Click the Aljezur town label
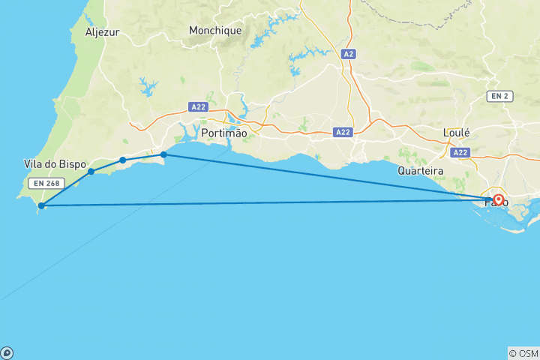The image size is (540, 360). click(x=103, y=32)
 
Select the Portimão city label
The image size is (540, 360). click(x=224, y=133)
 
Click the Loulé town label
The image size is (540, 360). click(x=457, y=133)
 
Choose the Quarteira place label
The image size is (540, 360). click(x=421, y=171)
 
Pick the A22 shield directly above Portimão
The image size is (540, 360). click(x=198, y=107)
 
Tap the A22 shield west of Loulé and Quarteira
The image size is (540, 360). click(x=343, y=132)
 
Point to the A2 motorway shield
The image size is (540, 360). click(x=347, y=54)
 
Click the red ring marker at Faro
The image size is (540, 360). click(x=498, y=199)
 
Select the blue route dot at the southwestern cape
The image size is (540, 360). click(x=41, y=205)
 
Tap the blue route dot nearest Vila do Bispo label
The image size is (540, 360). click(x=91, y=172)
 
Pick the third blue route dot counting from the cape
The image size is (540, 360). click(x=122, y=160)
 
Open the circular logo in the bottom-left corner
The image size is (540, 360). click(x=6, y=353)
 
